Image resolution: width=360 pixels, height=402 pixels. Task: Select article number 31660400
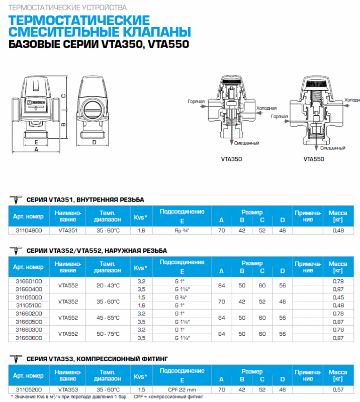tap(28, 289)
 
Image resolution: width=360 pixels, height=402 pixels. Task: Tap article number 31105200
tap(28, 389)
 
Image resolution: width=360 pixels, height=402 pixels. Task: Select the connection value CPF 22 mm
tap(182, 389)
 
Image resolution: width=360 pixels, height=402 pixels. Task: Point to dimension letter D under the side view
tap(95, 142)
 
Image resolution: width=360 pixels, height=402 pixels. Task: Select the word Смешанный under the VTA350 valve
tap(247, 143)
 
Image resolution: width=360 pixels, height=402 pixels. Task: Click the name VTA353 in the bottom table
tap(67, 389)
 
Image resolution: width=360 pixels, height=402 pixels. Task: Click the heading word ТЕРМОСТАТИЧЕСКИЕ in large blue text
tap(80, 21)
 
